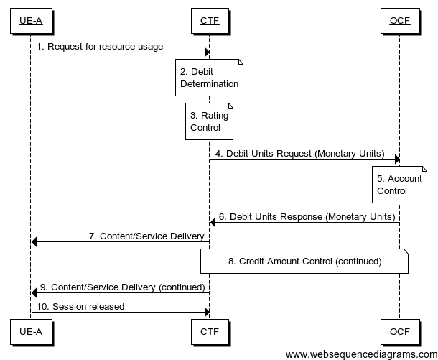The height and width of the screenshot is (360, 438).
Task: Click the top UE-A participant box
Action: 31,21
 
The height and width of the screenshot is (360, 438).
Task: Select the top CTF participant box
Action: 209,21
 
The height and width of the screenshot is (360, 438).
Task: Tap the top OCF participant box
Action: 399,21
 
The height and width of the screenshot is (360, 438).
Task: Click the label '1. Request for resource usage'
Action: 101,47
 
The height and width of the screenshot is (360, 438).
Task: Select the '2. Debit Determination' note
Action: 209,78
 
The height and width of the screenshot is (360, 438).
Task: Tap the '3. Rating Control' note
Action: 209,121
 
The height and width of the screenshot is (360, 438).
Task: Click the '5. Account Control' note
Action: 399,184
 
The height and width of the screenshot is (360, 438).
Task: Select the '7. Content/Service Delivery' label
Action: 146,235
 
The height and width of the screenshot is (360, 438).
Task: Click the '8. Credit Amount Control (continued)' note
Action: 304,262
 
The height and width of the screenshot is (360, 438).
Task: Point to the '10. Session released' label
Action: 81,306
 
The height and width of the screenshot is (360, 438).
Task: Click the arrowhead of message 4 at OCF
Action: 396,160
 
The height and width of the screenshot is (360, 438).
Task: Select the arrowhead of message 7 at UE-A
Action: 35,241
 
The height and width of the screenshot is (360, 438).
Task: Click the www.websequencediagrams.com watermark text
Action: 360,354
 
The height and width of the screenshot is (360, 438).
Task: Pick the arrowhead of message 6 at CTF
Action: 213,222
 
